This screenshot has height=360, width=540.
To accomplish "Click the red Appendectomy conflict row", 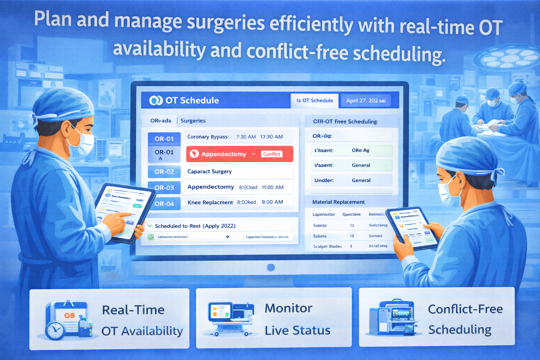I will pyautogui.click(x=239, y=154).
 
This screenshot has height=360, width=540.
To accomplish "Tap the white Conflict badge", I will pyautogui.click(x=272, y=154).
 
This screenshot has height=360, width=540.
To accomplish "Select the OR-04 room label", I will pyautogui.click(x=164, y=204).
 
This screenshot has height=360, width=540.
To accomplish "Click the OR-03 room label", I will pyautogui.click(x=164, y=188).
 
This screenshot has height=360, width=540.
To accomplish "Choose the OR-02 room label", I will pyautogui.click(x=164, y=172).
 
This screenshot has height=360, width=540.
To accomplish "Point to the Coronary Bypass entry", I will pyautogui.click(x=208, y=137).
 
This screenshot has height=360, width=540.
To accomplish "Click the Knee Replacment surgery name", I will pyautogui.click(x=210, y=202).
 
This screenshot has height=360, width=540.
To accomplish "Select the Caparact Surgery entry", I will pyautogui.click(x=210, y=172).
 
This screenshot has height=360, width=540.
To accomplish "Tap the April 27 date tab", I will pyautogui.click(x=366, y=101).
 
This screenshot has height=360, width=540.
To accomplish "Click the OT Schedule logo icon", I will pyautogui.click(x=155, y=101).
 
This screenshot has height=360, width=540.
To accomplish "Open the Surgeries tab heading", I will pyautogui.click(x=193, y=121).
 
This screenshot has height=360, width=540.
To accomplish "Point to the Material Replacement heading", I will pyautogui.click(x=338, y=202).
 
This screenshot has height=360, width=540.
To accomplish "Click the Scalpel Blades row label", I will pyautogui.click(x=327, y=246).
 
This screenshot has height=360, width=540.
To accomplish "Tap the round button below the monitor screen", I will pyautogui.click(x=271, y=268).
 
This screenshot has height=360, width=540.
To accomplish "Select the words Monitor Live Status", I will pyautogui.click(x=297, y=319).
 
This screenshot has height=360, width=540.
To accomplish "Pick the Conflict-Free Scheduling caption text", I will pyautogui.click(x=465, y=319).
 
